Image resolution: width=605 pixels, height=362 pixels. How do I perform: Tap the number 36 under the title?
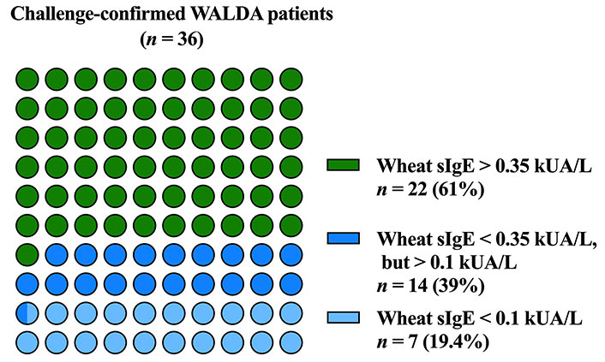(x=186, y=39)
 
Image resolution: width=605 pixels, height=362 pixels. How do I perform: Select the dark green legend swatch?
(x=343, y=165)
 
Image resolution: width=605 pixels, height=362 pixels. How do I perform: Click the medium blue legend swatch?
(x=343, y=238)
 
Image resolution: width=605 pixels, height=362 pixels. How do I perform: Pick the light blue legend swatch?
(x=343, y=317)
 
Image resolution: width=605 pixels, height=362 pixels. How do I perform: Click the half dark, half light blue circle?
(x=27, y=313)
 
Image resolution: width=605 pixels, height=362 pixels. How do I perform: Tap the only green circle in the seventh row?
(x=27, y=255)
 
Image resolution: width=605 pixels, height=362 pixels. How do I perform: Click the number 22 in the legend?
(x=418, y=190)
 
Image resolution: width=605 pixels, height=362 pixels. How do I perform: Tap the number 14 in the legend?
(x=418, y=287)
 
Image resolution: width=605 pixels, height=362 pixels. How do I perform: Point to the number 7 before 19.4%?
(x=413, y=342)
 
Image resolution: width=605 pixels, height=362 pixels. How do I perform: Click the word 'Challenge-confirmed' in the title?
(x=99, y=15)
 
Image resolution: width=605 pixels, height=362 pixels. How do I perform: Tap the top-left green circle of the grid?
(x=27, y=79)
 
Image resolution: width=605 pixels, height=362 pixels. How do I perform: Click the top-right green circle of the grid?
(x=291, y=79)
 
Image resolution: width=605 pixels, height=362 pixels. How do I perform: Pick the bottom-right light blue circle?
(x=291, y=342)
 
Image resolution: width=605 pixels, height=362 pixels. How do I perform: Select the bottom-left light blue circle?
(x=27, y=342)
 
